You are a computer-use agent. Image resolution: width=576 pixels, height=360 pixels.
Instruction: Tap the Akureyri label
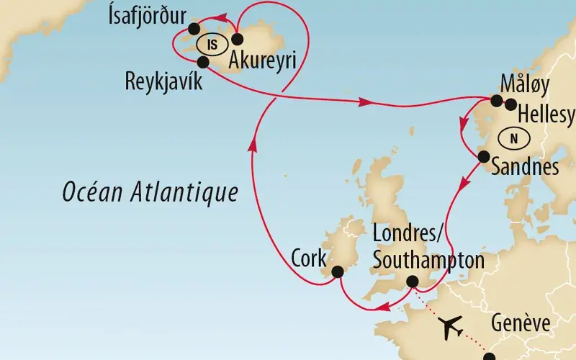263,60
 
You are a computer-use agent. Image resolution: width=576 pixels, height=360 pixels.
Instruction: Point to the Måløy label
524,85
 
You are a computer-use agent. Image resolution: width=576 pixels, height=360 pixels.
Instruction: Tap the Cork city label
309,257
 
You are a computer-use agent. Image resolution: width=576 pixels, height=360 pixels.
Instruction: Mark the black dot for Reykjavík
203,63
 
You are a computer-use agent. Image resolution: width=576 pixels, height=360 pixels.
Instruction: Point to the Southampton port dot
413,282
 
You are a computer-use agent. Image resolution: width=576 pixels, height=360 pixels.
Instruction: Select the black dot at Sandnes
483,156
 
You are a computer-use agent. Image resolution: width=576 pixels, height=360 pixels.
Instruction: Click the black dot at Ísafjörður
193,29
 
